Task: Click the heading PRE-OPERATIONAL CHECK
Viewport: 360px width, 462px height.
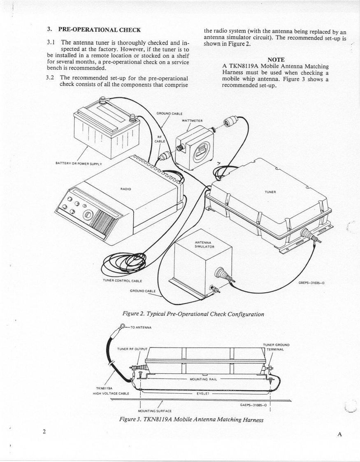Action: pyautogui.click(x=99, y=30)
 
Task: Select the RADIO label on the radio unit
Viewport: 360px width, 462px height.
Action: pyautogui.click(x=126, y=189)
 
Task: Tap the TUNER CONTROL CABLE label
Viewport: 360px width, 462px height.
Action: pyautogui.click(x=123, y=281)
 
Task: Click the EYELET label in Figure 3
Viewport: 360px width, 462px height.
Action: pyautogui.click(x=202, y=394)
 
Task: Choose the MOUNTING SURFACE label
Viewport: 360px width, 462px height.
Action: pyautogui.click(x=156, y=411)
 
